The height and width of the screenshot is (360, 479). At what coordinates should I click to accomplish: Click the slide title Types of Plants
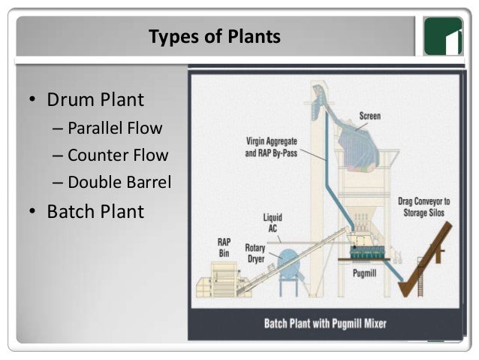215,36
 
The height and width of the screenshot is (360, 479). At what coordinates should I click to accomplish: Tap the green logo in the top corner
442,36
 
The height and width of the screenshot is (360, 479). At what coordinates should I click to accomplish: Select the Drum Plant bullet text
95,99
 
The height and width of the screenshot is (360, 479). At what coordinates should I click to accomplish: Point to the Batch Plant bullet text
95,211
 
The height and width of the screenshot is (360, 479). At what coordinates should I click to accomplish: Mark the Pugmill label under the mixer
364,272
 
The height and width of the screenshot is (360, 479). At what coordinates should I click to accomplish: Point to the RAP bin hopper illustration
217,286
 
